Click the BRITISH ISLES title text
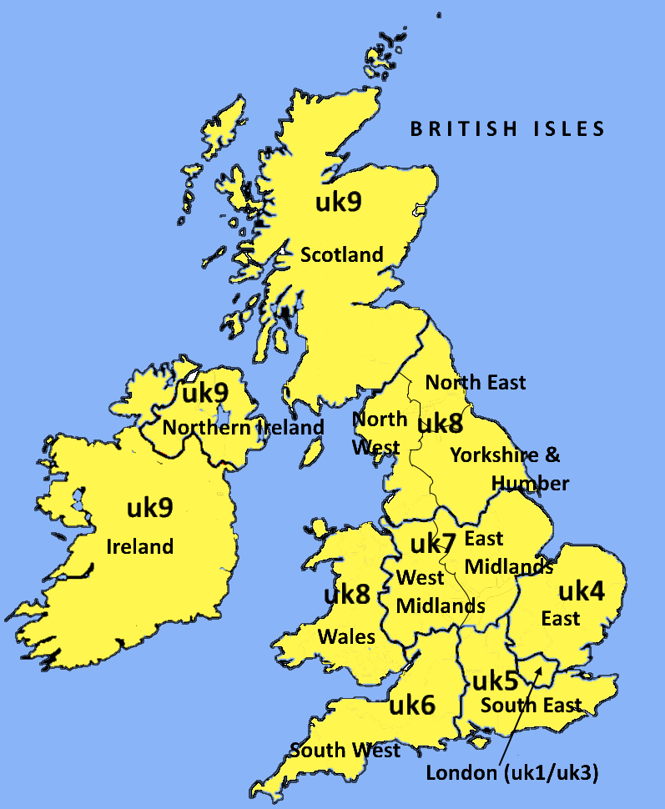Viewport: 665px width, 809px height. pos(506,128)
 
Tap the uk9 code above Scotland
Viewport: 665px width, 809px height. pos(339,201)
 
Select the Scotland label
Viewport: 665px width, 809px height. pos(341,254)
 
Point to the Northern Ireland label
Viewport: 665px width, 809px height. pos(243,427)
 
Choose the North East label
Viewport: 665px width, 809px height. pos(476,382)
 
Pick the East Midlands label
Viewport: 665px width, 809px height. pos(507,552)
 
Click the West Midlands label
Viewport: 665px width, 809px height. pos(440,591)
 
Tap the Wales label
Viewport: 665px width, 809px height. pos(346,636)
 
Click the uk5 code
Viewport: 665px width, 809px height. pos(496,680)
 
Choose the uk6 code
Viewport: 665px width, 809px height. pos(412,706)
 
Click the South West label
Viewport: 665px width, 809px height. pos(345,750)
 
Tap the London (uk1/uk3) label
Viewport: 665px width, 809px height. pos(512,773)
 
